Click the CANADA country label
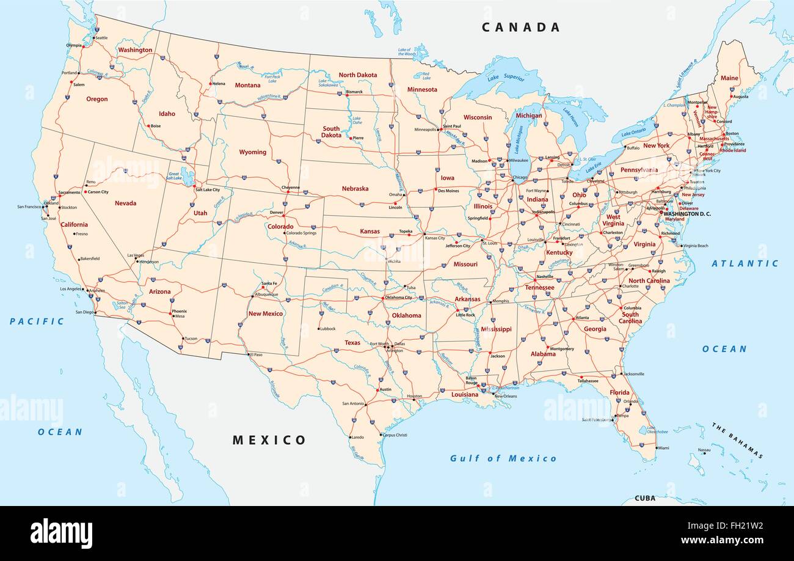pyautogui.click(x=520, y=27)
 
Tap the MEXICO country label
pyautogui.click(x=269, y=440)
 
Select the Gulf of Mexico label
pyautogui.click(x=503, y=458)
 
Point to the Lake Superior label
pyautogui.click(x=506, y=78)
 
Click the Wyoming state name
pyautogui.click(x=252, y=152)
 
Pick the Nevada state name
pyautogui.click(x=125, y=203)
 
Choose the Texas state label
pyautogui.click(x=352, y=343)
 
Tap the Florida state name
pyautogui.click(x=619, y=392)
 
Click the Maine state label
pyautogui.click(x=729, y=78)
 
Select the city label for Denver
pyautogui.click(x=276, y=213)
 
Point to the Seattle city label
pyautogui.click(x=101, y=38)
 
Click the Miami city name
pyautogui.click(x=663, y=448)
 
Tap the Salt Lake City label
pyautogui.click(x=207, y=190)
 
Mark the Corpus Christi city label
pyautogui.click(x=395, y=435)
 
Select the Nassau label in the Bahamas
pyautogui.click(x=704, y=450)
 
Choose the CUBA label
pyautogui.click(x=644, y=498)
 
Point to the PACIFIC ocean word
pyautogui.click(x=37, y=321)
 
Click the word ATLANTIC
pyautogui.click(x=745, y=263)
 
